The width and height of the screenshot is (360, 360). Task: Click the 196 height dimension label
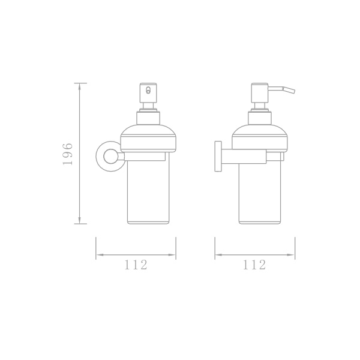67,154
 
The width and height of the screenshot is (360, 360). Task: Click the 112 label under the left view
136,265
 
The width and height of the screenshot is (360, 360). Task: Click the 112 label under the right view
254,265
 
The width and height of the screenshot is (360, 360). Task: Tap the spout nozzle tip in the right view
293,91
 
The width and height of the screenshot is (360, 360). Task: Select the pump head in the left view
148,93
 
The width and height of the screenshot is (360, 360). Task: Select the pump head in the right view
260,93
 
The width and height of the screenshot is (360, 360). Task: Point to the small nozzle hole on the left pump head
148,90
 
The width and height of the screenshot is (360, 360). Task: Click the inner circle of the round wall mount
110,157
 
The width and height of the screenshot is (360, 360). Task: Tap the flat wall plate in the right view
218,156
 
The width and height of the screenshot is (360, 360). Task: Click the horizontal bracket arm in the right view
244,156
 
